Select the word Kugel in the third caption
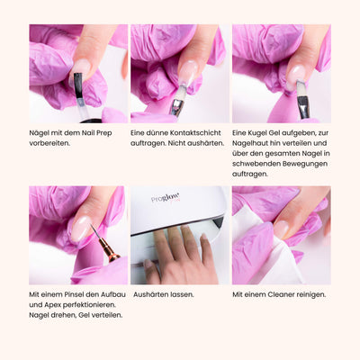pos(257,133)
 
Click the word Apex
pos(51,305)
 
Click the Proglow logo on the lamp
pos(166,199)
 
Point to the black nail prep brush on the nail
pos(78,85)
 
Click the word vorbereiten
pos(49,143)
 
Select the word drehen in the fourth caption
pos(63,315)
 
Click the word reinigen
pos(311,294)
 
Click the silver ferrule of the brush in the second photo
pos(176,107)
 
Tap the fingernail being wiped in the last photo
pos(281,229)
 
